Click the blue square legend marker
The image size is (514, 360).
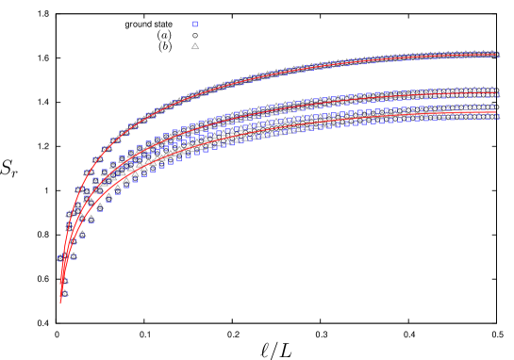coord(195,25)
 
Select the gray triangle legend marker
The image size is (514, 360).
coord(195,45)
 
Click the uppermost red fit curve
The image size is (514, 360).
coord(283,72)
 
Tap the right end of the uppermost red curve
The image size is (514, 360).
coord(496,56)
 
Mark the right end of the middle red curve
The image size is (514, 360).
coord(496,93)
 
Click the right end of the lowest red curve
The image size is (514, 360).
coord(496,111)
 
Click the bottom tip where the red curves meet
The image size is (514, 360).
coord(61,302)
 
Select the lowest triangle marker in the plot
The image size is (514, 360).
coord(64,292)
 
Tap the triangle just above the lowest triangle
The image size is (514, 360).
coord(64,279)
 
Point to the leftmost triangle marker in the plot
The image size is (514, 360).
coord(60,256)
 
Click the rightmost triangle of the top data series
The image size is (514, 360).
coord(496,55)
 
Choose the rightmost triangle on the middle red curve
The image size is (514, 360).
coord(496,94)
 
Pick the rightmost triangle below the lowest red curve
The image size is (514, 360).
coord(496,116)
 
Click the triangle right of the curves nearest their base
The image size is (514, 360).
coord(73,254)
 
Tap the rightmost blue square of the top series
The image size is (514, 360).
coord(492,55)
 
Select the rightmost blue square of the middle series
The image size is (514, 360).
coord(492,94)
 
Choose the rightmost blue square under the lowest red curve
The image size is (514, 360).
coord(490,118)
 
